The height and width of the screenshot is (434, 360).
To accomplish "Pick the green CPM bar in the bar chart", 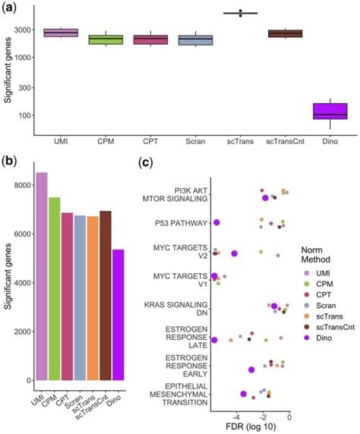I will pos(55,288).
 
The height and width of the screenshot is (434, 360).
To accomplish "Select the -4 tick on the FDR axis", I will pos(237,415).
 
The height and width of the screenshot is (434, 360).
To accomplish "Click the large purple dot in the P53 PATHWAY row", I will pos(216,222).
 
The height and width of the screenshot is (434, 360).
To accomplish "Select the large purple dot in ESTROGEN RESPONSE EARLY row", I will pos(251,370).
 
